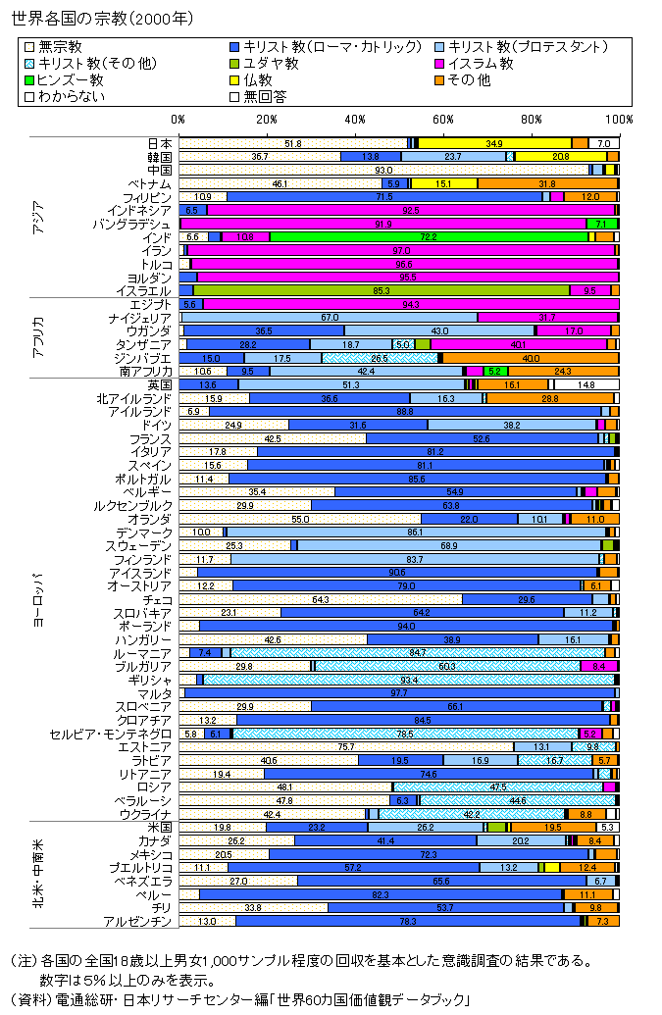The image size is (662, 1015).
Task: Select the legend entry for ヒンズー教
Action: tap(70, 79)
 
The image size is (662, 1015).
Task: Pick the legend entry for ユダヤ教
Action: tap(271, 63)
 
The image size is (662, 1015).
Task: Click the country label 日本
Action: tap(161, 143)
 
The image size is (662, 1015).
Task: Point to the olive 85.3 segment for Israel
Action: tap(382, 290)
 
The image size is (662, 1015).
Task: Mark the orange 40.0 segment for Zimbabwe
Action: tap(531, 357)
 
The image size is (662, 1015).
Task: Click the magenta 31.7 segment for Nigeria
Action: tap(548, 317)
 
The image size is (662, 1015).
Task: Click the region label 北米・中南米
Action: tap(38, 873)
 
